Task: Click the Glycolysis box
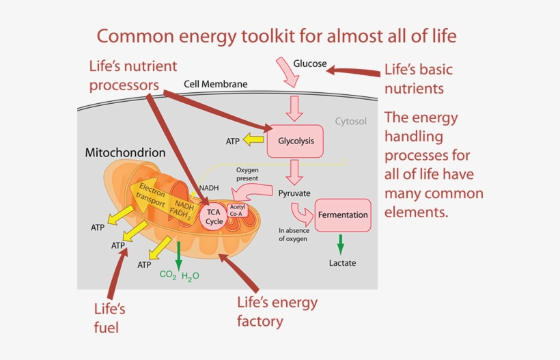click(x=296, y=141)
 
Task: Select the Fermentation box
click(x=343, y=214)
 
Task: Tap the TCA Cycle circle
click(x=214, y=217)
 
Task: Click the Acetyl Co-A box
click(x=238, y=210)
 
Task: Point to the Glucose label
click(x=309, y=64)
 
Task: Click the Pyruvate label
click(x=294, y=193)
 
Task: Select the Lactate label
click(x=342, y=263)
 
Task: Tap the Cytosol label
click(x=350, y=122)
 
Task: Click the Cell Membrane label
click(x=215, y=85)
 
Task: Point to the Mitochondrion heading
click(x=125, y=152)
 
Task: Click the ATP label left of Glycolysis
click(x=233, y=141)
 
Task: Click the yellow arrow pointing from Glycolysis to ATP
click(x=255, y=141)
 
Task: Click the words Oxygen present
click(x=247, y=174)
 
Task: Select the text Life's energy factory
click(x=276, y=311)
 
